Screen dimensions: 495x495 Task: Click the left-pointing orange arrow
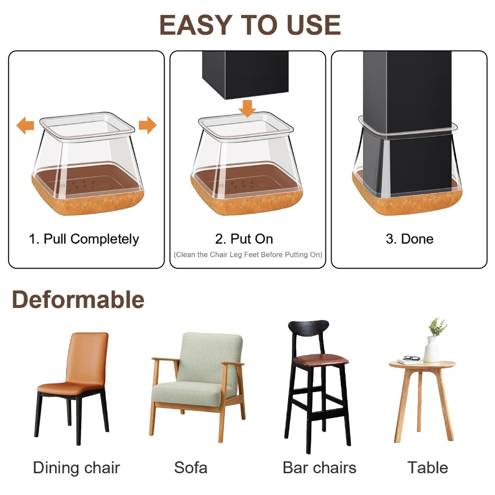[x=25, y=125]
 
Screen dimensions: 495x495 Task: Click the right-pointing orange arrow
[x=147, y=125]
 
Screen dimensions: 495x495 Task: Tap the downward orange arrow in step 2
[x=247, y=109]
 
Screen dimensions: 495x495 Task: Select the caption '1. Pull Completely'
[x=84, y=239]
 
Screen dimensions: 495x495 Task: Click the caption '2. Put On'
[x=244, y=239]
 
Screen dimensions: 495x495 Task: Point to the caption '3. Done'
[x=409, y=239]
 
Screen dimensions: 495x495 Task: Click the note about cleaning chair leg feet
[x=248, y=255]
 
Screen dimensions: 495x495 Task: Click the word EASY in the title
[x=196, y=25]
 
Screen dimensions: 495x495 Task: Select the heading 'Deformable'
[x=78, y=299]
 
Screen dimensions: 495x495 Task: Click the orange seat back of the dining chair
[x=87, y=358]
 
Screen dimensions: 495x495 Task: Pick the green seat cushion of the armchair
[x=189, y=393]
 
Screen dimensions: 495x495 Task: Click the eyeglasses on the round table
[x=412, y=358]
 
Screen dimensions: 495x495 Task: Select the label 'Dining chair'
[x=76, y=467]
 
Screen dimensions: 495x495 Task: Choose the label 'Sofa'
[x=190, y=467]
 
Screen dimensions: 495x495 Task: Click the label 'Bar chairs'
[x=320, y=467]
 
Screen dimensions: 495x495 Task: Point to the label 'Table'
[x=428, y=467]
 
